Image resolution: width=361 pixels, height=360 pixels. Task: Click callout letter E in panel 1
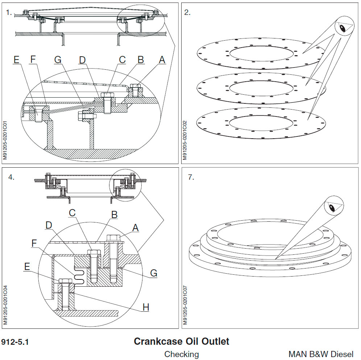pyautogui.click(x=16, y=60)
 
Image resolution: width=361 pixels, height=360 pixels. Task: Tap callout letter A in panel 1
pyautogui.click(x=162, y=60)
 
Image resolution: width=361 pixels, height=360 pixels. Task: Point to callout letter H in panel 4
pyautogui.click(x=145, y=307)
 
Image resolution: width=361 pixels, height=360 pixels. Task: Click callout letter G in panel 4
pyautogui.click(x=154, y=273)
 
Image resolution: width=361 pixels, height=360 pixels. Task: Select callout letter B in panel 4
pyautogui.click(x=115, y=214)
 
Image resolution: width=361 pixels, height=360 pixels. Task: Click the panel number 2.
pyautogui.click(x=187, y=12)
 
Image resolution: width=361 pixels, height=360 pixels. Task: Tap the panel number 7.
pyautogui.click(x=191, y=177)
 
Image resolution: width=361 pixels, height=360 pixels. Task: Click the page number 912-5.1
pyautogui.click(x=15, y=342)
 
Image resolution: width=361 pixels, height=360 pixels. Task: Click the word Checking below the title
pyautogui.click(x=182, y=354)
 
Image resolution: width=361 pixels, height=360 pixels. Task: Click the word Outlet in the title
pyautogui.click(x=215, y=341)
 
